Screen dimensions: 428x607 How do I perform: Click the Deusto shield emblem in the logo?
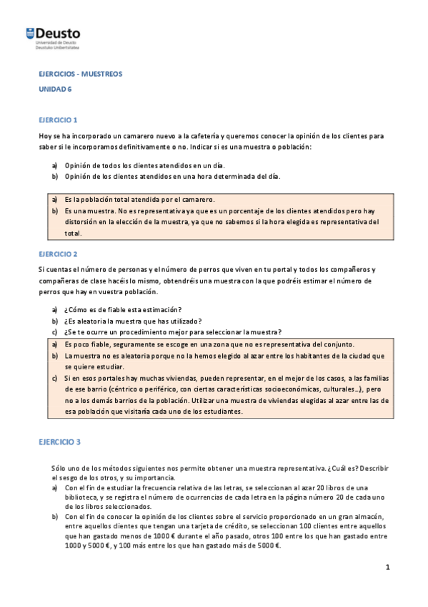tap(29, 33)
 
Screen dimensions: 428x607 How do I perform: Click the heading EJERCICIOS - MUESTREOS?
tap(81, 73)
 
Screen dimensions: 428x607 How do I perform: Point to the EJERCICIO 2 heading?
tap(58, 253)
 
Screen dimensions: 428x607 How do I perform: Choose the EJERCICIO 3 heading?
tap(60, 442)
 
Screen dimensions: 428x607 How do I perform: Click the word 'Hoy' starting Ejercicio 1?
tap(45, 135)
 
